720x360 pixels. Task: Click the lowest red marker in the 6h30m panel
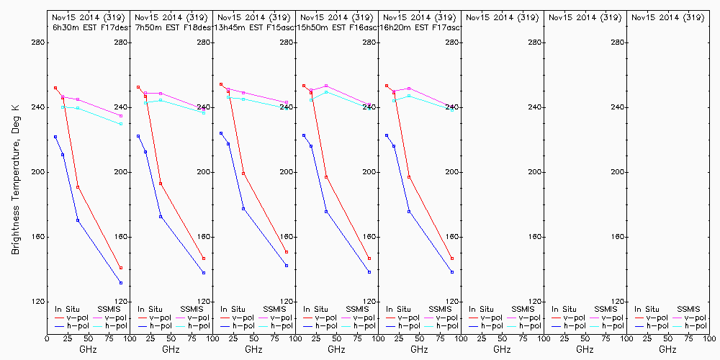[x=121, y=268]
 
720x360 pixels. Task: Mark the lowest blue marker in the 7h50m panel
[x=204, y=273]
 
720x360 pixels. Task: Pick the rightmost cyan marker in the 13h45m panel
[x=287, y=107]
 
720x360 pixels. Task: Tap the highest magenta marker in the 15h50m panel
[x=326, y=86]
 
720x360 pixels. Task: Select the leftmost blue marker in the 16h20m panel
[x=387, y=135]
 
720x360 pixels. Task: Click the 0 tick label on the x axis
[x=47, y=338]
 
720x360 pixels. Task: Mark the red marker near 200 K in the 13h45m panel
[x=243, y=174]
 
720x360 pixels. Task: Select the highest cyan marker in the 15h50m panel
[x=326, y=91]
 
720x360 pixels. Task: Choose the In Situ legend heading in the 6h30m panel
[x=68, y=309]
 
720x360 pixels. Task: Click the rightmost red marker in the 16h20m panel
[x=452, y=258]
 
